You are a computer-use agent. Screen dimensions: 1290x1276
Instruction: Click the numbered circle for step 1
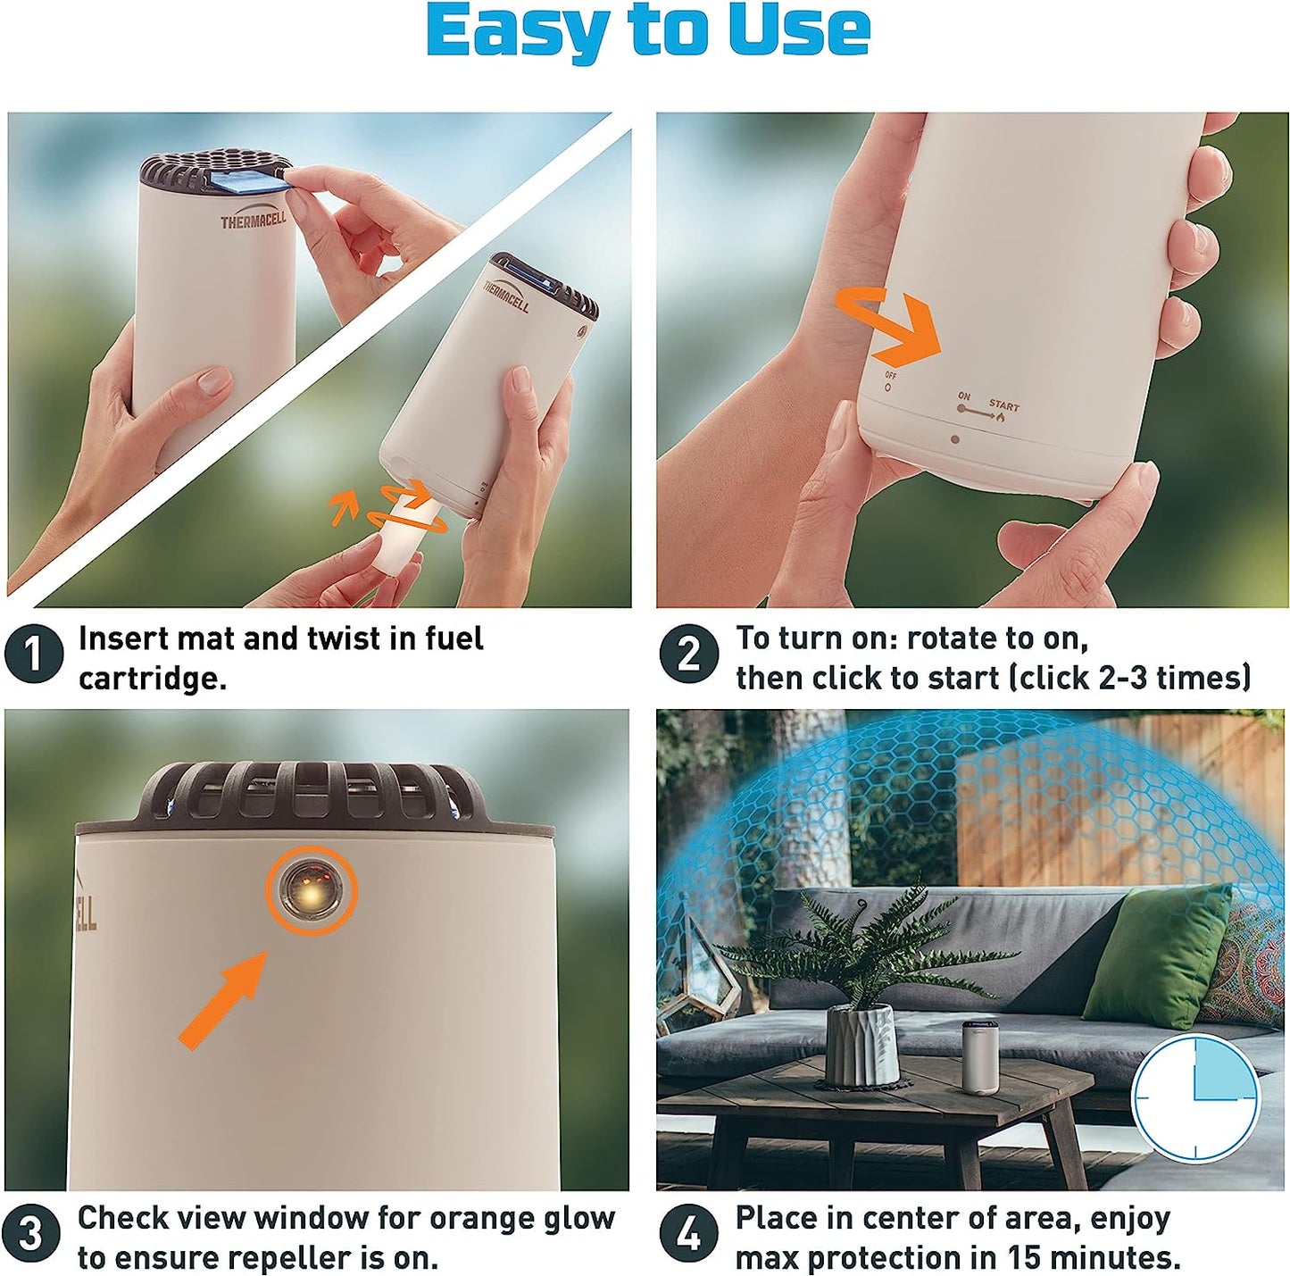[33, 654]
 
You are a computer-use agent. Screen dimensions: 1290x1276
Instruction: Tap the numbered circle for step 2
[689, 654]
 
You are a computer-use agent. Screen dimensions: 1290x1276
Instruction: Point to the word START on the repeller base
[1003, 406]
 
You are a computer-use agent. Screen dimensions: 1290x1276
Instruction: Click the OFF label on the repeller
[890, 375]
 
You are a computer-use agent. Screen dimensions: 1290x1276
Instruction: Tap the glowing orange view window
[312, 890]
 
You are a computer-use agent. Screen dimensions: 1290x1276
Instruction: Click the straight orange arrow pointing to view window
[223, 997]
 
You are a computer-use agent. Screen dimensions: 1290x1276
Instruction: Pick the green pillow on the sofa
[1157, 956]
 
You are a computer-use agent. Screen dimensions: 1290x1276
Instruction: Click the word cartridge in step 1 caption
[153, 679]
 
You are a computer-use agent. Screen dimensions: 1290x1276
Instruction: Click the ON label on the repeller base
[963, 396]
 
